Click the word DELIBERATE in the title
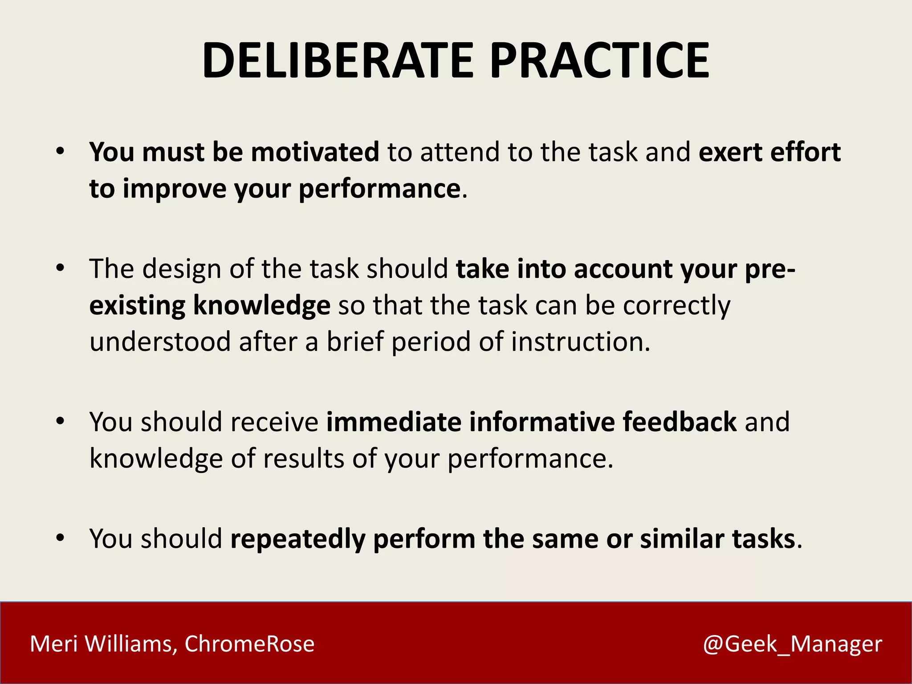pos(338,61)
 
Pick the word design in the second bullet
pos(182,269)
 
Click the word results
pos(304,459)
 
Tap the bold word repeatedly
pos(297,539)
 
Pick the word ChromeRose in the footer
pos(249,644)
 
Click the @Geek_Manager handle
pos(792,644)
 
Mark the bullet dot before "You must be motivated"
pos(61,152)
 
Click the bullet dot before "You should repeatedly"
pos(61,538)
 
